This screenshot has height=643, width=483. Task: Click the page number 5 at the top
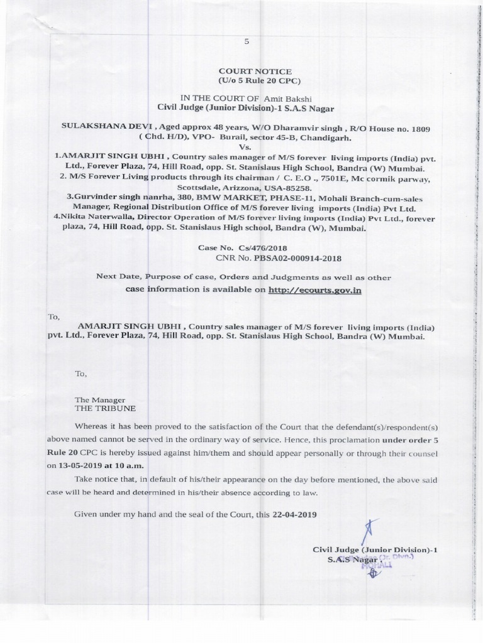pyautogui.click(x=247, y=41)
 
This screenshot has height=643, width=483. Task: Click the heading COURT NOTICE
pyautogui.click(x=255, y=72)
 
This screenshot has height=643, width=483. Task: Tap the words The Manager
pyautogui.click(x=99, y=399)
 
